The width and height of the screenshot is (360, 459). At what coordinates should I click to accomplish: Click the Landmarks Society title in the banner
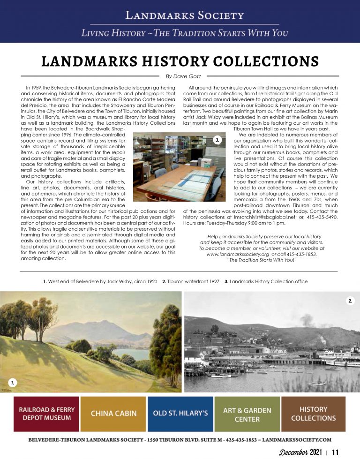(184, 15)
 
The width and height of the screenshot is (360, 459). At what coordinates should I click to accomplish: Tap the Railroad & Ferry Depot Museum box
(45, 414)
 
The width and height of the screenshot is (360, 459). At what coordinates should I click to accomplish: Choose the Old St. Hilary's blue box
(180, 414)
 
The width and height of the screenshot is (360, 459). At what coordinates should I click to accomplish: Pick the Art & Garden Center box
(247, 414)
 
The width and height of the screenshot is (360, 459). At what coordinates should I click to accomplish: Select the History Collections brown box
(313, 414)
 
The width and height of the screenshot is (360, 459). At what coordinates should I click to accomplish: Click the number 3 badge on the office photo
(217, 140)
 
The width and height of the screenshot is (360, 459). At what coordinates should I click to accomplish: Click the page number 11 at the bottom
(335, 452)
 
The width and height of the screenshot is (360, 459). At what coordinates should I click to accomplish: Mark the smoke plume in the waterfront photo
(307, 322)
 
